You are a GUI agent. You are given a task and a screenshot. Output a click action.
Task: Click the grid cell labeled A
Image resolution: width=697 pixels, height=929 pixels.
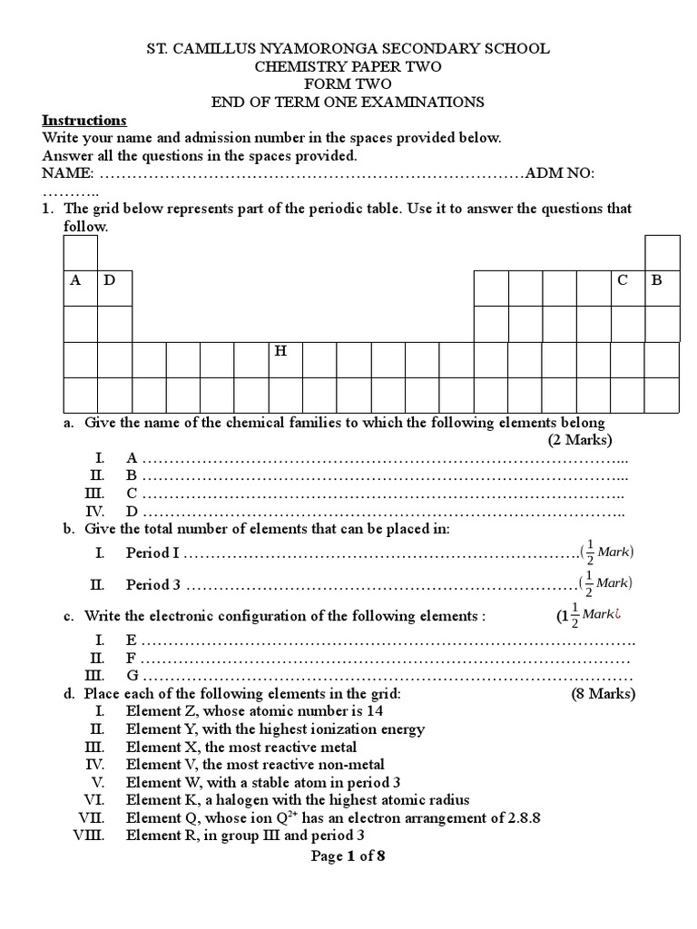[80, 287]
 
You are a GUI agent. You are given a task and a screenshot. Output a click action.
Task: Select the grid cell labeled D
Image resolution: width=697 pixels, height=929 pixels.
[114, 287]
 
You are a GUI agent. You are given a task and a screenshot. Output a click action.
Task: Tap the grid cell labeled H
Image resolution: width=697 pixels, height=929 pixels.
[286, 358]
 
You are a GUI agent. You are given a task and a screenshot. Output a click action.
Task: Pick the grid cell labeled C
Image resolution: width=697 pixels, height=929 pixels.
[627, 287]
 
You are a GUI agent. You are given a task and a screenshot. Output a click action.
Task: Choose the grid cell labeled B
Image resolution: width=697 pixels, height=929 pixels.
[662, 287]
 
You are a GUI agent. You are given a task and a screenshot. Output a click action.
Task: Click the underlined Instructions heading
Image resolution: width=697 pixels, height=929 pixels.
[84, 121]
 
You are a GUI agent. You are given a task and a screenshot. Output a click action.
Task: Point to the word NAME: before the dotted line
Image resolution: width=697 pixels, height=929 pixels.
[67, 173]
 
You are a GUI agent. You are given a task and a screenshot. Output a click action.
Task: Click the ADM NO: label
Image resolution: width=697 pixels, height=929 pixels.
[560, 173]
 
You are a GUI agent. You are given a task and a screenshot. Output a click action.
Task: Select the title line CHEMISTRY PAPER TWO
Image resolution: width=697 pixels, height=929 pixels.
[348, 66]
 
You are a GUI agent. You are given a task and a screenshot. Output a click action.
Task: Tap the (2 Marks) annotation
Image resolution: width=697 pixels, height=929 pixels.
[580, 441]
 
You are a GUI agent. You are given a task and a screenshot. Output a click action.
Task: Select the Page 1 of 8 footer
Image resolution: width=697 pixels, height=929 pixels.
[348, 856]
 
